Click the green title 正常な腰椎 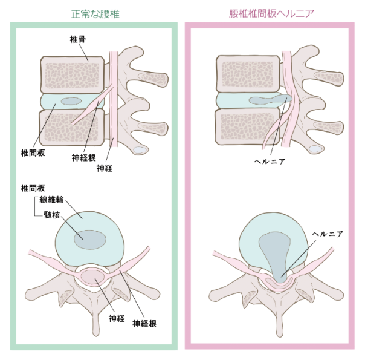pos(95,14)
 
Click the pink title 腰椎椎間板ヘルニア pos(272,13)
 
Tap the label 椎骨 pos(78,39)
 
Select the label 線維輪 pos(51,200)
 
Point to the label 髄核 pos(52,215)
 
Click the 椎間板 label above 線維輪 pos(33,188)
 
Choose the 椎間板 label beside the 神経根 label pos(33,153)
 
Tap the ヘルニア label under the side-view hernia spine pos(270,162)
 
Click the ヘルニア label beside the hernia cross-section pos(328,234)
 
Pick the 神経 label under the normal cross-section pos(117,318)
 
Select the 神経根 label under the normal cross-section pos(144,324)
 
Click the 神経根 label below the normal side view pos(84,158)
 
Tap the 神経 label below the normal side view pos(105,168)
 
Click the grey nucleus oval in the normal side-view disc pos(71,101)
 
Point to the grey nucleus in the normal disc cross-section pos(90,240)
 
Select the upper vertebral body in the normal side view pos(72,75)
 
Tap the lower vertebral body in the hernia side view pos(247,127)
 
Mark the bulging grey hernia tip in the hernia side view pos(287,99)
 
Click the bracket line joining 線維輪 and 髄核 pos(35,206)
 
